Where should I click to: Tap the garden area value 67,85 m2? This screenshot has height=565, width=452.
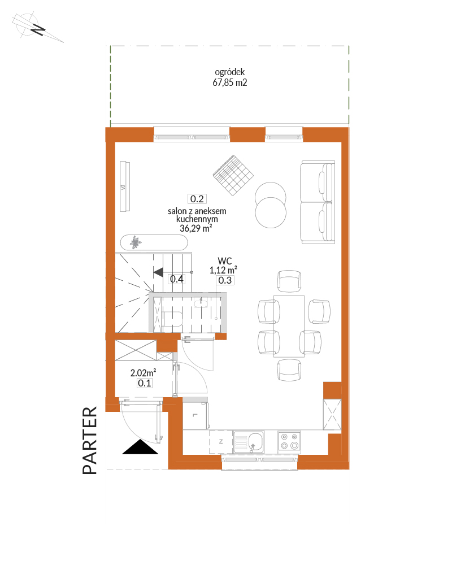[x=229, y=82]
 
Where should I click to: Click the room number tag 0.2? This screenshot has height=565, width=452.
[x=197, y=199]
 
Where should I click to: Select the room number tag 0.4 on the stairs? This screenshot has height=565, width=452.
[x=177, y=279]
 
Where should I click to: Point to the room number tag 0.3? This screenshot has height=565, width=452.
[x=225, y=280]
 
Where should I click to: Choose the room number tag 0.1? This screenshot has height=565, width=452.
[x=145, y=383]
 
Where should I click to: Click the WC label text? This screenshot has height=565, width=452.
[x=224, y=261]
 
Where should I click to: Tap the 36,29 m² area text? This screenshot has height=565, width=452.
[x=195, y=228]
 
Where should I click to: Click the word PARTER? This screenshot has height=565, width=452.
[x=90, y=440]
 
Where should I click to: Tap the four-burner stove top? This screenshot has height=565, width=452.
[x=289, y=441]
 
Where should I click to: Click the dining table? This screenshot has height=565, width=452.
[x=289, y=327]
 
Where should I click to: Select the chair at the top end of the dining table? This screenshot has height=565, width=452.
[x=289, y=281]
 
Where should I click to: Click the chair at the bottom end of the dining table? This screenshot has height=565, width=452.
[x=289, y=370]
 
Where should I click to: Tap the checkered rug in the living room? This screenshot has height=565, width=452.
[x=233, y=176]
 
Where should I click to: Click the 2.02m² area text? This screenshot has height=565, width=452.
[x=143, y=372]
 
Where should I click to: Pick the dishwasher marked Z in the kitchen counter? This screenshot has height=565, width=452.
[x=221, y=441]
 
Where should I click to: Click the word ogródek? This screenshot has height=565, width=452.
[x=229, y=72]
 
